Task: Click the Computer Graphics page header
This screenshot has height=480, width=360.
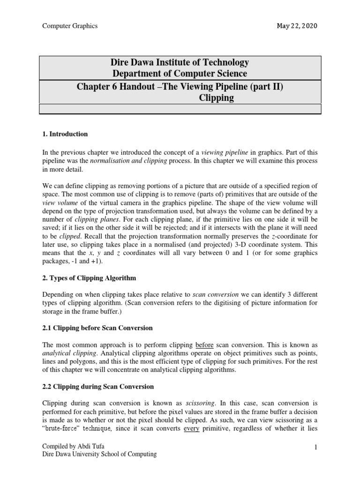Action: tap(70, 26)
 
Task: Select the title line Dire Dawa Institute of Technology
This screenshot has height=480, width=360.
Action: tap(180, 62)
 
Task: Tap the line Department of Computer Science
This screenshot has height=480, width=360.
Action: tap(180, 74)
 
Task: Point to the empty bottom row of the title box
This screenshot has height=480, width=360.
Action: tap(180, 109)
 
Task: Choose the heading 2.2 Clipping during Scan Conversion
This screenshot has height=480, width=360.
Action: tap(98, 387)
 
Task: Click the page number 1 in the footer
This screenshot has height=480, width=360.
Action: tap(316, 448)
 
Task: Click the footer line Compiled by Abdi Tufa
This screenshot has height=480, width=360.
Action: tap(74, 446)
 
